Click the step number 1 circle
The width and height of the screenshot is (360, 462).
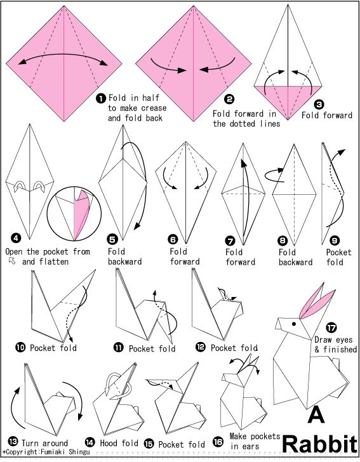101,98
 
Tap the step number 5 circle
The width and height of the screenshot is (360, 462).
112,239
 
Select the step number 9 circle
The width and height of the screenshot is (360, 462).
334,241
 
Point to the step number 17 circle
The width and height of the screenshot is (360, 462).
331,327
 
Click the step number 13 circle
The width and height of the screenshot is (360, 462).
13,442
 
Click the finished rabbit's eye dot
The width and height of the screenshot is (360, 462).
294,324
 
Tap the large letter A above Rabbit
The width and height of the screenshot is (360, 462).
316,414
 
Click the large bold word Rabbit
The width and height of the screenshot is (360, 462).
320,444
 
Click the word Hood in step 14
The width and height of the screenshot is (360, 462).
109,443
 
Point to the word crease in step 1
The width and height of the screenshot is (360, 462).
154,108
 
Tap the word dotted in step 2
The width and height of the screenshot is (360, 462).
243,124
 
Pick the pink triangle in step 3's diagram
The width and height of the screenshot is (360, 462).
288,100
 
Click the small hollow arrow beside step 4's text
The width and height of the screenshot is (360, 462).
12,261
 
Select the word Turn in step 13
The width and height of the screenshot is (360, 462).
30,443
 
